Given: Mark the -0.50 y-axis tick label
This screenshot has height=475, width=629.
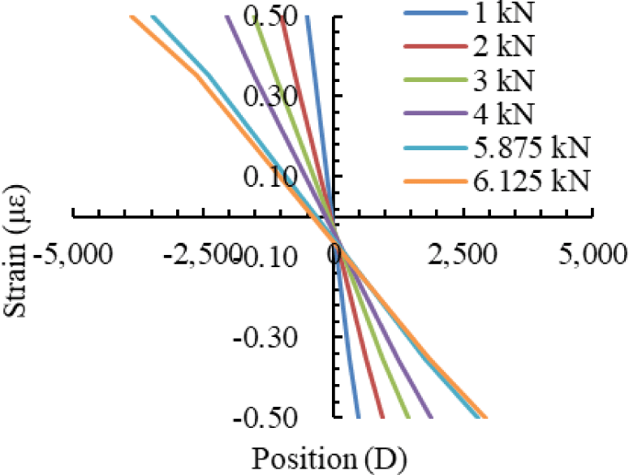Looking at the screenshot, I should tap(265, 417).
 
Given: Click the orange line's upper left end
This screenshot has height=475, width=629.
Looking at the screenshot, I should tap(131, 16).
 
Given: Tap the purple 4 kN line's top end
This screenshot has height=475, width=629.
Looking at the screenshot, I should tap(226, 16).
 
